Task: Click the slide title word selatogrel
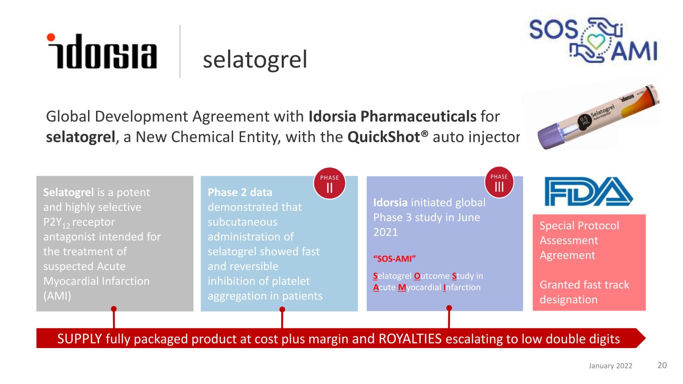pos(254,60)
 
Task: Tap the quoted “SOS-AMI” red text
pos(395,258)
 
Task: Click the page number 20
pos(661,365)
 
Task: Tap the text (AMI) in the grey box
pos(57,295)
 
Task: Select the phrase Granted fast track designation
pos(584,292)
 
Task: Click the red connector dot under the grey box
pos(114,308)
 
